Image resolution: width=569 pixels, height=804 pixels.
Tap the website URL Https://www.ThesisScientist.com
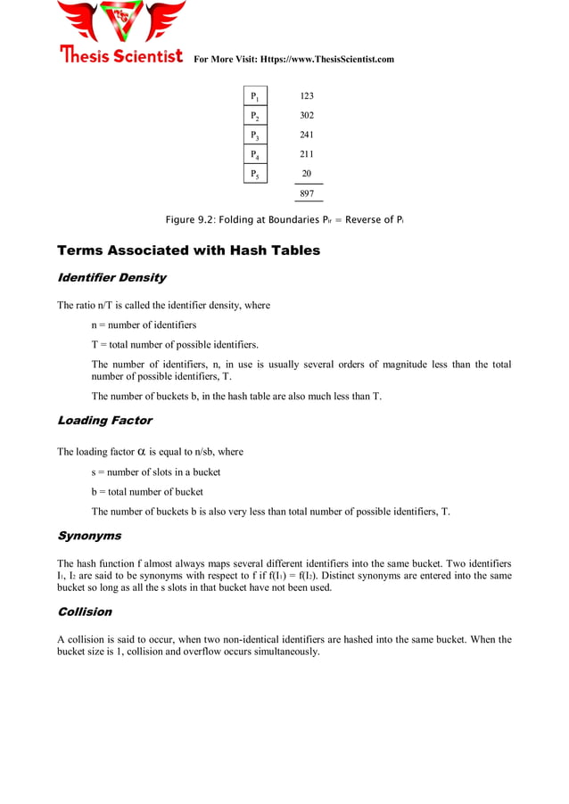(326, 59)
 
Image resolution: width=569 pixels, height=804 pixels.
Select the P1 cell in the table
(255, 96)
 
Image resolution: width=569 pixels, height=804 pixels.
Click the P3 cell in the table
(255, 135)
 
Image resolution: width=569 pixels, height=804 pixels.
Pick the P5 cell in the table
(255, 174)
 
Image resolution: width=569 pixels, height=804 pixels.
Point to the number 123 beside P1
(307, 95)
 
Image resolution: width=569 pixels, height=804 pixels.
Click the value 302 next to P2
(307, 115)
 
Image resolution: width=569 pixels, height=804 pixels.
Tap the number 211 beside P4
(307, 154)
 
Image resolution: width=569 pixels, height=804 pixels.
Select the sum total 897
(307, 193)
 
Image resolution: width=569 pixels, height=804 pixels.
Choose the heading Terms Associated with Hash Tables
(188, 250)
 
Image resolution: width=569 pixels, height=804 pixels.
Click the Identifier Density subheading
(111, 278)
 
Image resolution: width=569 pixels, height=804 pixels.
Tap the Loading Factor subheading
(104, 421)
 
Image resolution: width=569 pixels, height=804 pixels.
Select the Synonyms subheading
(89, 537)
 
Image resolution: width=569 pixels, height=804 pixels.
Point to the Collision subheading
(85, 612)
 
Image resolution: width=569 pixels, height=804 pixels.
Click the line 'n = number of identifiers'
(144, 325)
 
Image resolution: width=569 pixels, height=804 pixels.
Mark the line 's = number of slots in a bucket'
(155, 472)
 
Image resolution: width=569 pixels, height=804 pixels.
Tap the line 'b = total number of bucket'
(147, 492)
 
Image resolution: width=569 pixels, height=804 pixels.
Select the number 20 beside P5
(307, 174)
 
